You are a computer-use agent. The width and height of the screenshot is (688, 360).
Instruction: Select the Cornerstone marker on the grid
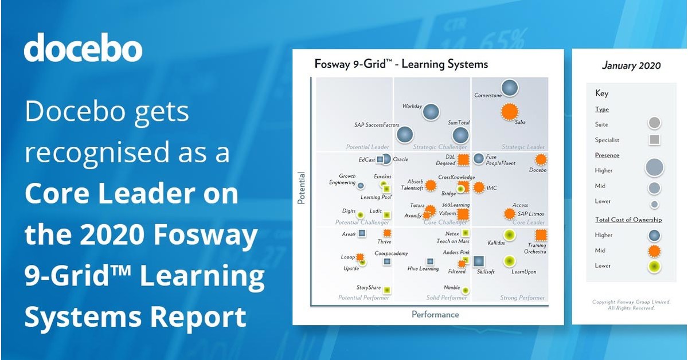[509, 88]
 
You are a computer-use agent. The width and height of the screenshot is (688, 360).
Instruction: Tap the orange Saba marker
[509, 112]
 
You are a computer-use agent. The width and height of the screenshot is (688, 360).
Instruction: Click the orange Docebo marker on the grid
[540, 159]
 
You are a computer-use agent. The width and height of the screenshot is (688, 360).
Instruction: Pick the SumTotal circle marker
[460, 135]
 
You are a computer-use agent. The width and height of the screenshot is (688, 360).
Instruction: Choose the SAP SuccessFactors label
[376, 124]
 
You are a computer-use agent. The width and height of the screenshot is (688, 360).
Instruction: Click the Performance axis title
[435, 314]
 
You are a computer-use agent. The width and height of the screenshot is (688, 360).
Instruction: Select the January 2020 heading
[631, 65]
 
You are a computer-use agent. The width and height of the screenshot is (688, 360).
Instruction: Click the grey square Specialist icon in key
[654, 139]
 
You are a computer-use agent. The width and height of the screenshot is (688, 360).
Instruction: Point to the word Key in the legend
[601, 93]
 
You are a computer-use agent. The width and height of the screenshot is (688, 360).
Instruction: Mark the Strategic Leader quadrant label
[523, 147]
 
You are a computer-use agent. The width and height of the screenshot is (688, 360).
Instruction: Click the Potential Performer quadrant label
[363, 298]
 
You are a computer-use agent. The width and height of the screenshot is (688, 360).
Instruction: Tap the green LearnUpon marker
[509, 261]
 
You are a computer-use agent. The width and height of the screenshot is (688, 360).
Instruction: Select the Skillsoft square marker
[479, 261]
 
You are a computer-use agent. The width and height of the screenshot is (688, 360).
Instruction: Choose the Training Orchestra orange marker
[540, 234]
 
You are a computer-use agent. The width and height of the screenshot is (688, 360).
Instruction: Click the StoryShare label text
[369, 288]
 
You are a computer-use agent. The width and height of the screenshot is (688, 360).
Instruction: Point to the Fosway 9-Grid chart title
[401, 64]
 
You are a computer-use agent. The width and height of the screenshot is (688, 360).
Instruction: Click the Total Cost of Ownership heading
[628, 220]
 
